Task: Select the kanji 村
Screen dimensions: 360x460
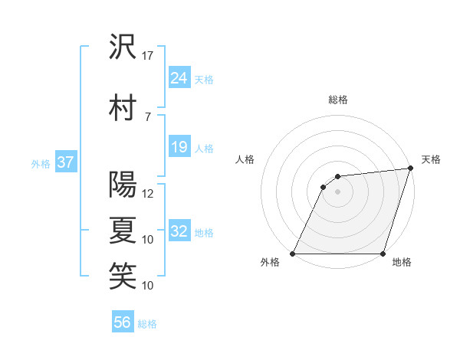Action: coord(123,107)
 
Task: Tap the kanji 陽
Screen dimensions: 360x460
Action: coord(123,185)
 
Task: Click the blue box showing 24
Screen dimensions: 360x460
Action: coord(179,77)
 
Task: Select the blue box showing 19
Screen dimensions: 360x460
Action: coord(179,147)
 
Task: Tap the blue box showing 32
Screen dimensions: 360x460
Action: coord(179,231)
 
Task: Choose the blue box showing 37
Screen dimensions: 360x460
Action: coord(65,162)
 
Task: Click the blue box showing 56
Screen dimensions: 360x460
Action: coord(123,322)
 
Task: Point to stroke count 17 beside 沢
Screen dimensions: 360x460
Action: coord(148,56)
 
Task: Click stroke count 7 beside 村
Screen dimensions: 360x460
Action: coord(148,116)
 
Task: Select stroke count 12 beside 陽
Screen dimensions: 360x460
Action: coord(148,194)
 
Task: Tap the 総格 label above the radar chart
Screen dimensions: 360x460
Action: coord(338,100)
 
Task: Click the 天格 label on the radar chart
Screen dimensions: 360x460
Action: coord(431,159)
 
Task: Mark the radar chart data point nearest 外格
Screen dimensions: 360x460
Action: coord(293,254)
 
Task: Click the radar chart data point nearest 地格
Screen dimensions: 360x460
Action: coord(383,254)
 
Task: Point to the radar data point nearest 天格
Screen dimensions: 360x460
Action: coord(411,169)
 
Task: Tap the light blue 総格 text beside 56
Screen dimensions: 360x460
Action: coord(147,324)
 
